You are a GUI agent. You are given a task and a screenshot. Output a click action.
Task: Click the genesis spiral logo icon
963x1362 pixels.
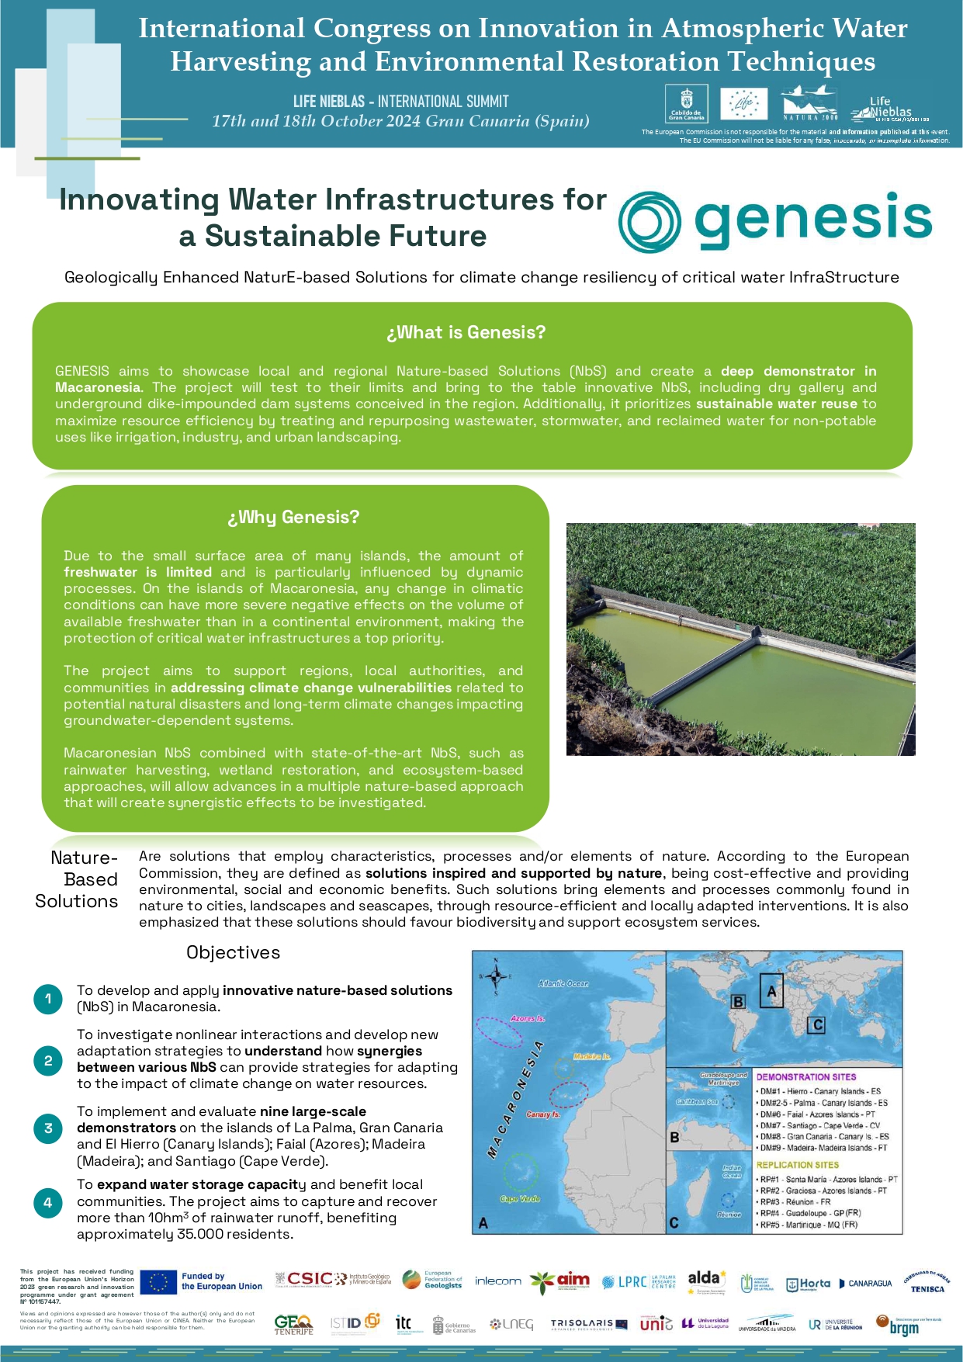650,222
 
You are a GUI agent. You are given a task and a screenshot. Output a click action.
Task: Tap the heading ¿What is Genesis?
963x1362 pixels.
466,333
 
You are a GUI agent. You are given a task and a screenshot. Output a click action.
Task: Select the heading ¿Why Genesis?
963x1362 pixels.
293,518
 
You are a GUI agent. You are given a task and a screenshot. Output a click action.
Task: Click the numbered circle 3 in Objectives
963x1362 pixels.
48,1128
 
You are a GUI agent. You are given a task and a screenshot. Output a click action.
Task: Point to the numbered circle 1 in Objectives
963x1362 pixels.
48,999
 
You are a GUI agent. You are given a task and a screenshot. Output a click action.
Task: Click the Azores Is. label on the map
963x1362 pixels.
528,1018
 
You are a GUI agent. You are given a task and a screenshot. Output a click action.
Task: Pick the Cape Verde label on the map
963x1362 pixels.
519,1199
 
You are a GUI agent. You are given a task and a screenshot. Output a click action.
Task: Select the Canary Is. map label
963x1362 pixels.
543,1114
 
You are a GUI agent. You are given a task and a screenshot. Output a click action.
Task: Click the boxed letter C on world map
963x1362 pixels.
817,1025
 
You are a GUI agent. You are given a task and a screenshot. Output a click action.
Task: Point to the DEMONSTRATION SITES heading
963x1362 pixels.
806,1077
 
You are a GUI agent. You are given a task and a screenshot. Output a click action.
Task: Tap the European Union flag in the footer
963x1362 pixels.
158,1281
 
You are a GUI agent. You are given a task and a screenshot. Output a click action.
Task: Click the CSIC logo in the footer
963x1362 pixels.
310,1279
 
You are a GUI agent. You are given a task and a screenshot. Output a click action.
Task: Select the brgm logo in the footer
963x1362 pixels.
903,1325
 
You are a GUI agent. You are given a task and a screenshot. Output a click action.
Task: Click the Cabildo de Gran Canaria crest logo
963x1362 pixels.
686,103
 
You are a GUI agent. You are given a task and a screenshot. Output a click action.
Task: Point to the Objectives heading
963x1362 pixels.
233,953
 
